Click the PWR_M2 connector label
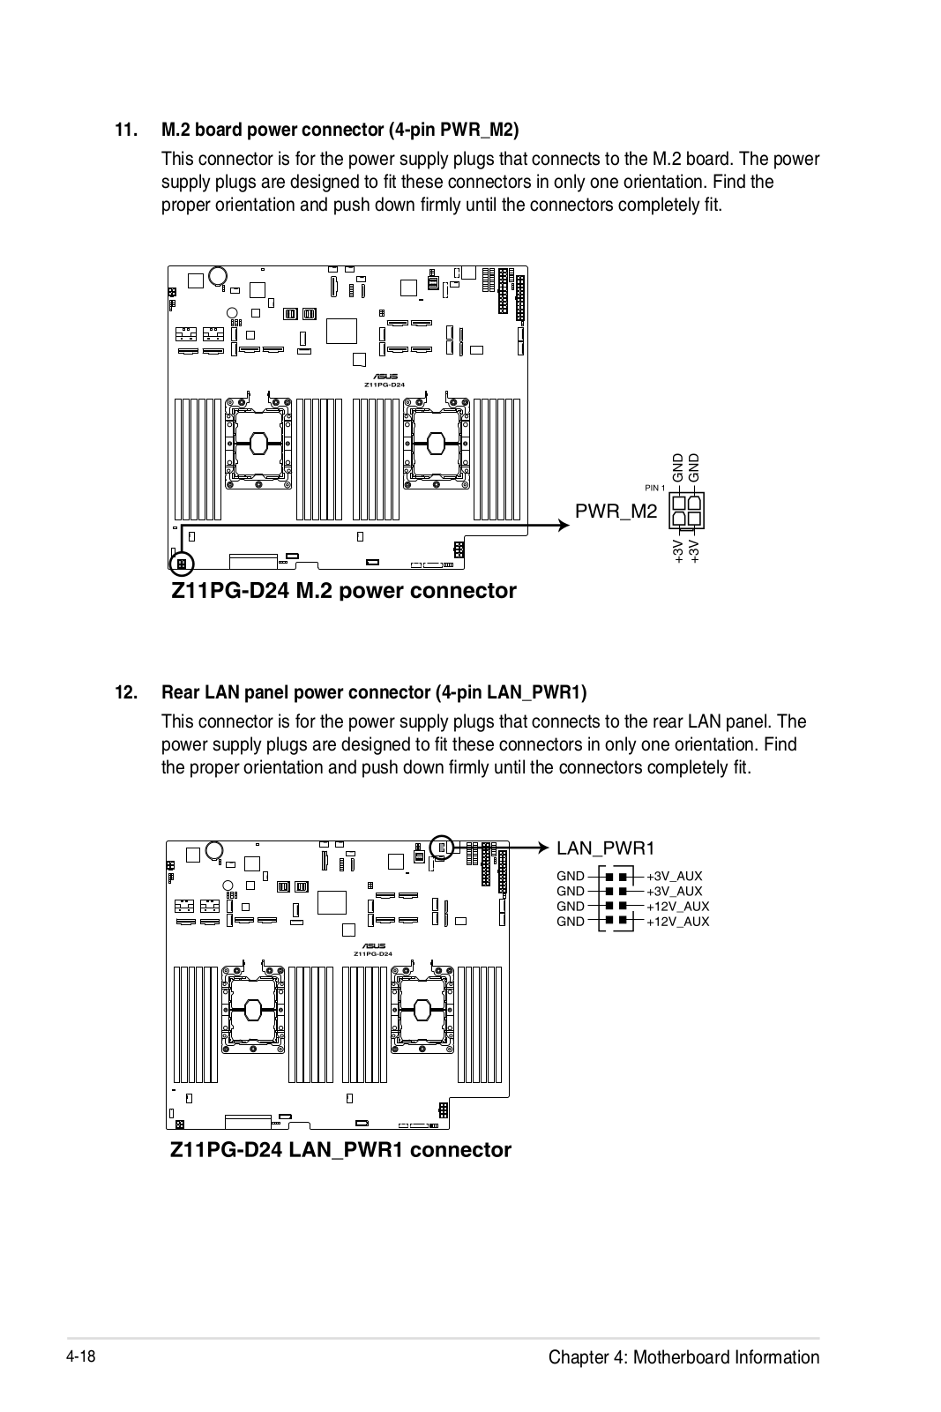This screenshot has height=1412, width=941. pyautogui.click(x=616, y=511)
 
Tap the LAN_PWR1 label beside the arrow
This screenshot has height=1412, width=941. pyautogui.click(x=605, y=848)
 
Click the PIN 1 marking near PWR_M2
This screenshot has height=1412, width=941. pyautogui.click(x=654, y=488)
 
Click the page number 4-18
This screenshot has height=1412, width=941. pyautogui.click(x=80, y=1356)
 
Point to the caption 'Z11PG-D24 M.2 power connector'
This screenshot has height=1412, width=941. pyautogui.click(x=343, y=591)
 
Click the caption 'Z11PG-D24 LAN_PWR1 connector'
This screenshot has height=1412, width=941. pyautogui.click(x=340, y=1150)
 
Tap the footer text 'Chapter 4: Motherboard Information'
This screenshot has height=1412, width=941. pyautogui.click(x=683, y=1357)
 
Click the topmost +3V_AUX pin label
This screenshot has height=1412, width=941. pyautogui.click(x=674, y=877)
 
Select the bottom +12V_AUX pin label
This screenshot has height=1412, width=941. pyautogui.click(x=677, y=922)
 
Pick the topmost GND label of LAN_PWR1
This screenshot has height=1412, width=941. pyautogui.click(x=571, y=877)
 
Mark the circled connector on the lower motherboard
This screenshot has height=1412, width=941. pyautogui.click(x=443, y=848)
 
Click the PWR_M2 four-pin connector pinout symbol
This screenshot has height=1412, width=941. pyautogui.click(x=688, y=512)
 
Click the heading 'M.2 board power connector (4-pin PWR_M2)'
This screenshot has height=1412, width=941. pyautogui.click(x=340, y=131)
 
